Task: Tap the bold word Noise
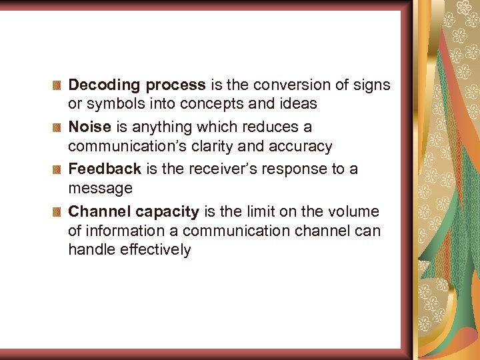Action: pyautogui.click(x=89, y=127)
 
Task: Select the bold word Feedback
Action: pyautogui.click(x=105, y=169)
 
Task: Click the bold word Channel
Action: pyautogui.click(x=99, y=212)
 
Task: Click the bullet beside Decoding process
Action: pyautogui.click(x=57, y=85)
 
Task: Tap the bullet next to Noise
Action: pyautogui.click(x=57, y=127)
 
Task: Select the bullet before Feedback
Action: pyautogui.click(x=57, y=169)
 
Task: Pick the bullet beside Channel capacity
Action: pyautogui.click(x=57, y=212)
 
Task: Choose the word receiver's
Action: pyautogui.click(x=220, y=169)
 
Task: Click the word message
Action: pyautogui.click(x=100, y=189)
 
